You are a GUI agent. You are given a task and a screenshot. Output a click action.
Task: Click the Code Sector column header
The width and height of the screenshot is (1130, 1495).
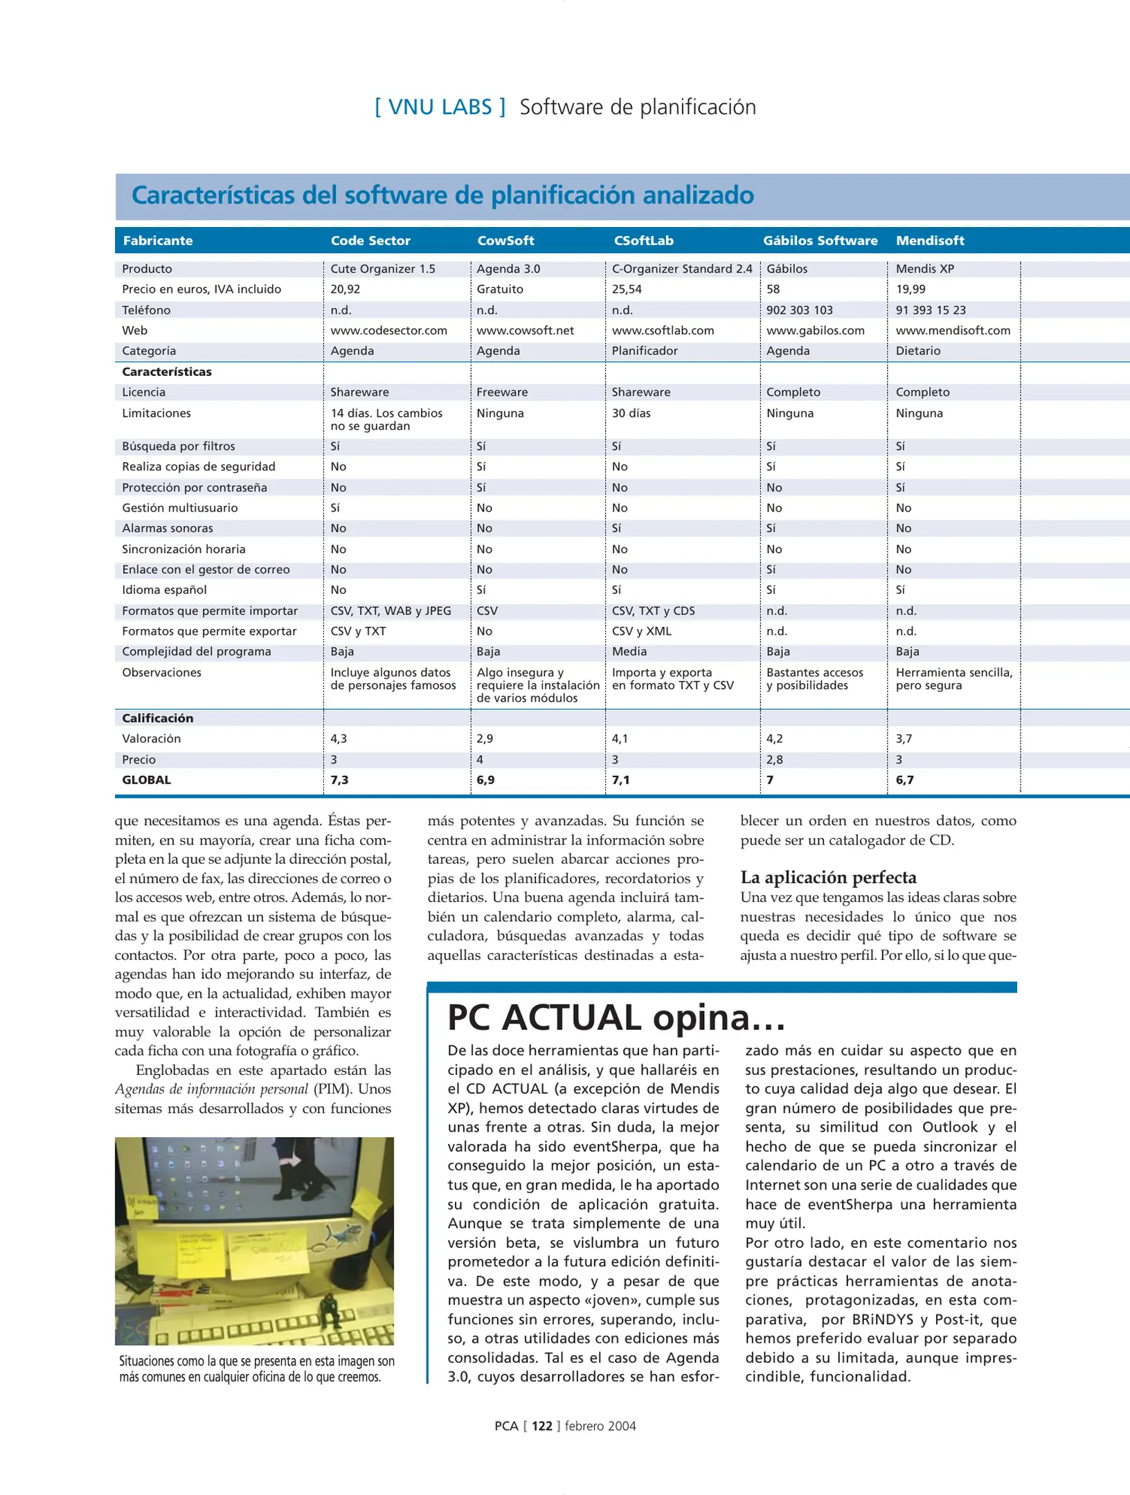[370, 240]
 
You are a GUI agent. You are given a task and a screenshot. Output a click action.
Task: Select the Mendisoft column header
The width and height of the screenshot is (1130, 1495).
[930, 240]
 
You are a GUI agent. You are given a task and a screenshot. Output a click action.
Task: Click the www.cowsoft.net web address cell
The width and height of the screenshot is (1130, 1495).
[525, 330]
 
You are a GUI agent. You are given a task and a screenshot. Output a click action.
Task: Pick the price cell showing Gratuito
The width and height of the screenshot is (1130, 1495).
[500, 289]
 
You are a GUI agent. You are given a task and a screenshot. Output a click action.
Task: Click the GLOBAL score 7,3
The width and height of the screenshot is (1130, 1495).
[339, 780]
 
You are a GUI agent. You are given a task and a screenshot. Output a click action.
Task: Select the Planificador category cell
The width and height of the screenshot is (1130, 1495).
[645, 351]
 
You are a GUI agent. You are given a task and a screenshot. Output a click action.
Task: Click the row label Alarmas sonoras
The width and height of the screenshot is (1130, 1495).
[168, 528]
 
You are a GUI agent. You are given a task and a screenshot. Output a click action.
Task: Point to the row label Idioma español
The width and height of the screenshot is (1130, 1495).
[164, 590]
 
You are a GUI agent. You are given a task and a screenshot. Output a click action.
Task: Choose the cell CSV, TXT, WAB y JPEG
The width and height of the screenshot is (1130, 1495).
[391, 610]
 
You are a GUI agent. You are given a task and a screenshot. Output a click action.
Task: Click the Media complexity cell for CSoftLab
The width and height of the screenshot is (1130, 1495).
[629, 651]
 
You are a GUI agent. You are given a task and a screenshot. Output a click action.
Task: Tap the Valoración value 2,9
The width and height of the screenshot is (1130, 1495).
[485, 739]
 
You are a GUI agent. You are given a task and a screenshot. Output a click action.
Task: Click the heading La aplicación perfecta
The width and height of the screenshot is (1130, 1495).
[828, 877]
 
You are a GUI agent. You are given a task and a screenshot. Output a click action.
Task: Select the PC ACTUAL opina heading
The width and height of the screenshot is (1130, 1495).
[616, 1017]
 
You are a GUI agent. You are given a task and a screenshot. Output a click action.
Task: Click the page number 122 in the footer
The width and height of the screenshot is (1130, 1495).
[541, 1426]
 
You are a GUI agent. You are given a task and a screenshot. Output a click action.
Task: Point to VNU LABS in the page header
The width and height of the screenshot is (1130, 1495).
[440, 107]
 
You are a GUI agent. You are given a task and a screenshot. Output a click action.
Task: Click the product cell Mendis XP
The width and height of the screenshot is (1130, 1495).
[924, 269]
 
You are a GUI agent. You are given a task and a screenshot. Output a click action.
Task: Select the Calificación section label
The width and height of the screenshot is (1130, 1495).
[158, 718]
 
